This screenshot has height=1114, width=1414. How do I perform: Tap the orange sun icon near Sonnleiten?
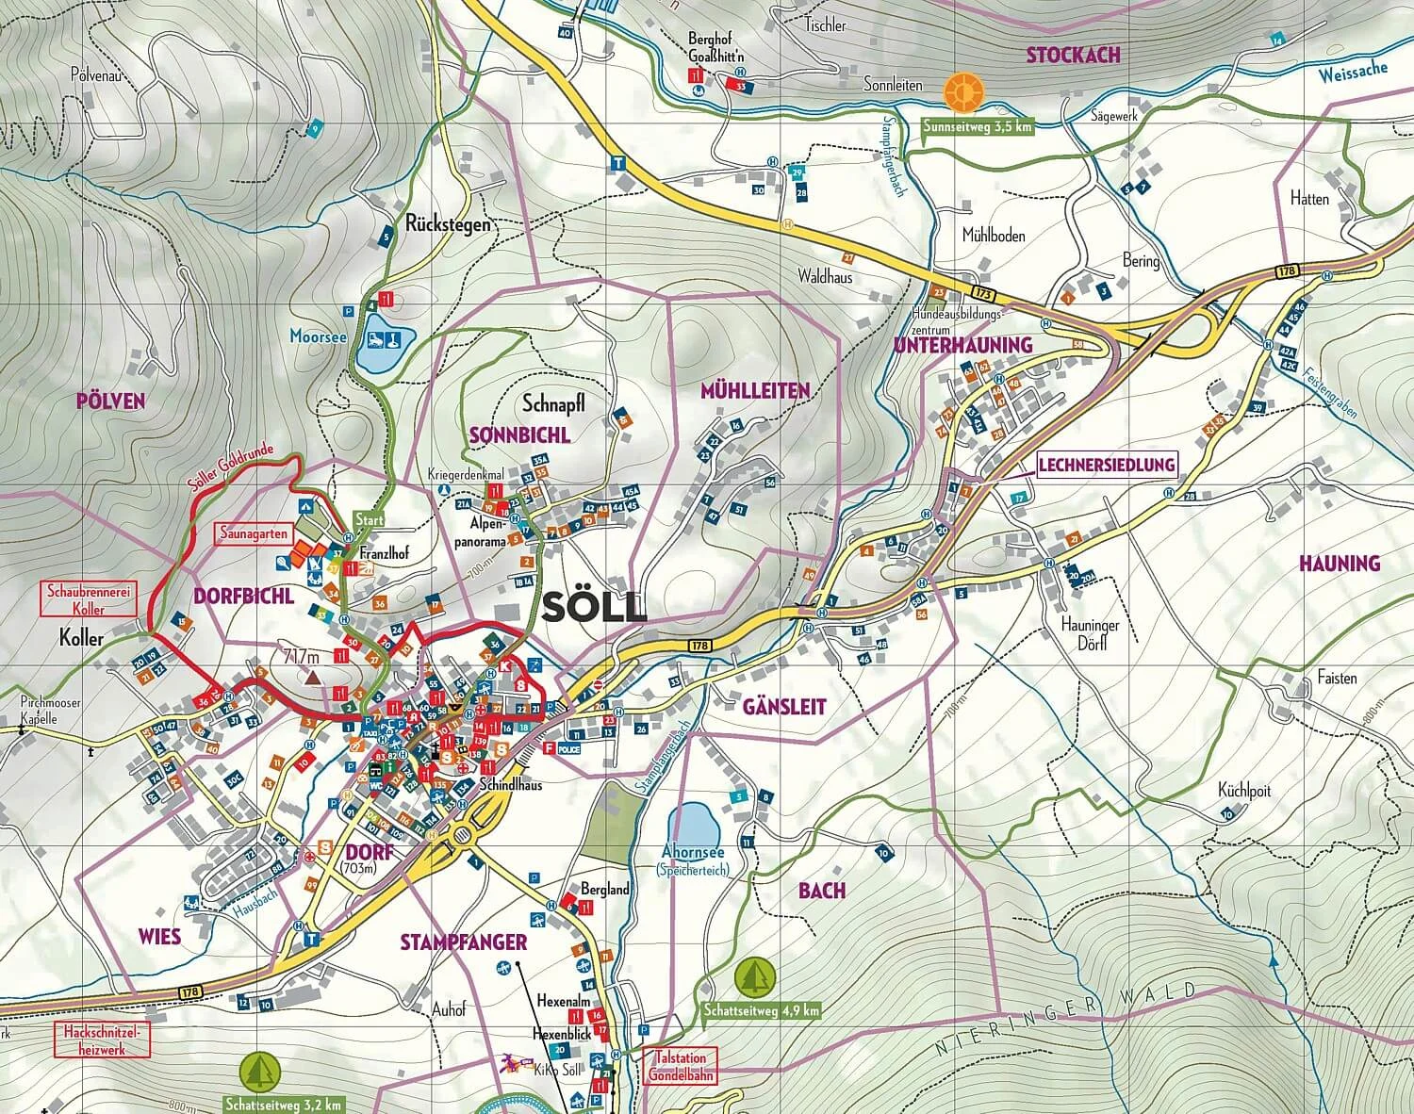pos(963,91)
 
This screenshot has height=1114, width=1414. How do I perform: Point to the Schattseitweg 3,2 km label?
pos(283,1104)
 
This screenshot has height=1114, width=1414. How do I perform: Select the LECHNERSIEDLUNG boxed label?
pos(1107,464)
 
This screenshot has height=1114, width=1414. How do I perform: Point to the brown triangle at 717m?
pos(311,676)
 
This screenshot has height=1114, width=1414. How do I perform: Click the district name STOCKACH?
pos(1073,55)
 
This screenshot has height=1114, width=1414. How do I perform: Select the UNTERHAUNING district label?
pos(962,346)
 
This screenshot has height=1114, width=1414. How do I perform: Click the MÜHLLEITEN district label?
pos(755,390)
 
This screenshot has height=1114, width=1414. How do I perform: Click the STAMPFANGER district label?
pos(463,942)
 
